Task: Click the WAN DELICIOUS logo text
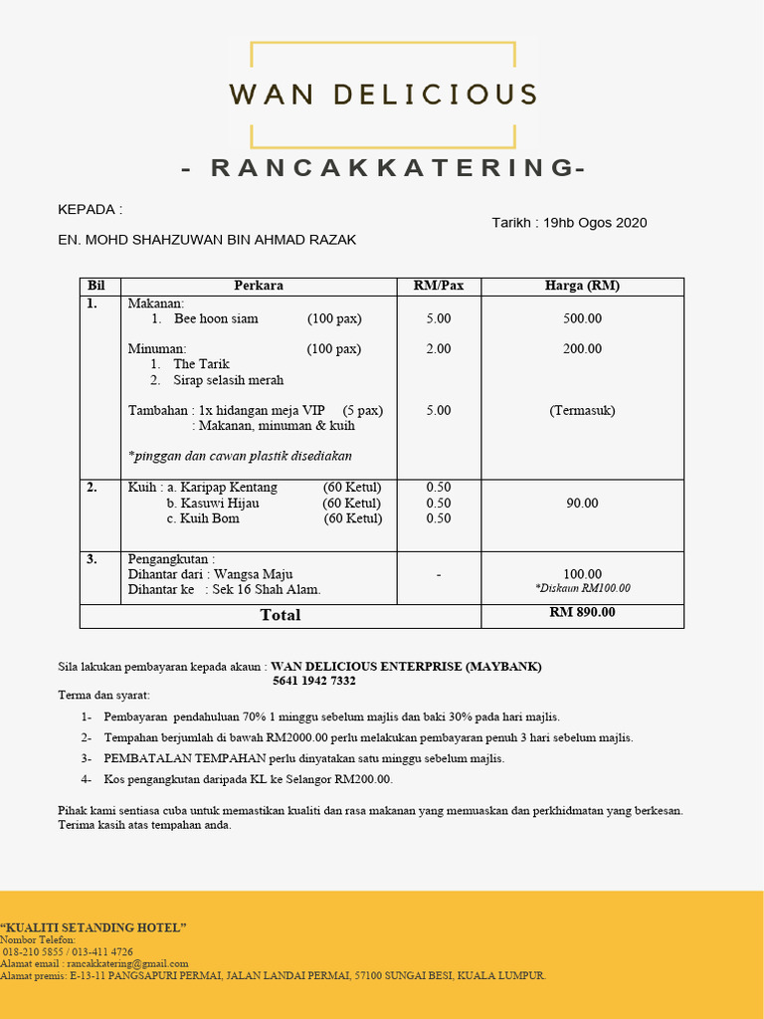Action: point(383,96)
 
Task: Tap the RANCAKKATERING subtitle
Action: point(383,168)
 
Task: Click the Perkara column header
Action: point(259,286)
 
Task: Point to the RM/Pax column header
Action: point(439,286)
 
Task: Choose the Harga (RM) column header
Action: point(582,286)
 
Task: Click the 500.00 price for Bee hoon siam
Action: point(582,318)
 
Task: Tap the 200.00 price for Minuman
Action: point(582,348)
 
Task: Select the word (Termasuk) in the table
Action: point(582,410)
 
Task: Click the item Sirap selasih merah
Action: point(228,380)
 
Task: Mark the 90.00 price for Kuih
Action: point(582,504)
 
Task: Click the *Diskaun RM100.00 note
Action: point(582,588)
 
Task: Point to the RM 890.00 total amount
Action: point(582,613)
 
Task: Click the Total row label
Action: point(281,615)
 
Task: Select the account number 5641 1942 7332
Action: point(313,681)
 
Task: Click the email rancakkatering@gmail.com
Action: point(127,963)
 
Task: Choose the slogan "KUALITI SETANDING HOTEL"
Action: point(94,927)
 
